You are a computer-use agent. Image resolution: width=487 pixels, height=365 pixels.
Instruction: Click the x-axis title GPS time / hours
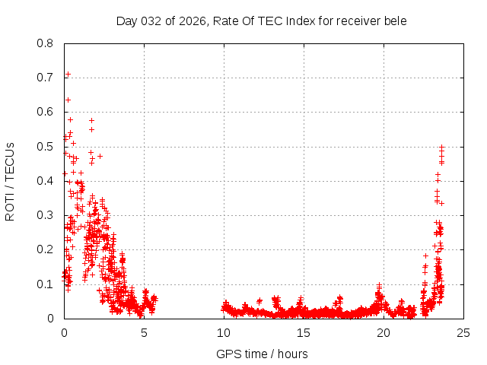262,354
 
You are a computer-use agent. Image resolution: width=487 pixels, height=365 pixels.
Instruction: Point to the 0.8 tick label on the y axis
46,43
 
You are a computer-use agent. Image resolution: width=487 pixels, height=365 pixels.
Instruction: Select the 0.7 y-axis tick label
46,78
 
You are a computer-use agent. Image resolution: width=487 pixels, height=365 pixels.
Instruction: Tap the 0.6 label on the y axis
46,112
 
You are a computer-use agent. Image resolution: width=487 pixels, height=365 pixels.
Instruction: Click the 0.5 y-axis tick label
46,147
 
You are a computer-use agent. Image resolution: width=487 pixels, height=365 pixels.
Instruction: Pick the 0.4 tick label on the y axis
46,181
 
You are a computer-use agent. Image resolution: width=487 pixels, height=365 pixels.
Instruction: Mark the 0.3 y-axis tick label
46,215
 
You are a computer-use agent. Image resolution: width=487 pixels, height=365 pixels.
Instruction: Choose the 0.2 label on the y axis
46,249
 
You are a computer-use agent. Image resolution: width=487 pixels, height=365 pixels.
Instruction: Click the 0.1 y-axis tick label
46,284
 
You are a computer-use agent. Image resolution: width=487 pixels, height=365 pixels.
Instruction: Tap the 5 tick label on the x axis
144,332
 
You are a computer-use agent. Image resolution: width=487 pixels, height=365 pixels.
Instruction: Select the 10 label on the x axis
224,332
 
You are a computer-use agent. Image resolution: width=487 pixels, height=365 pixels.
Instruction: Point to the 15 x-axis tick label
304,332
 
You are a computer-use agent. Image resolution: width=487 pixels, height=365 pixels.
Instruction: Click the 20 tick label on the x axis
384,332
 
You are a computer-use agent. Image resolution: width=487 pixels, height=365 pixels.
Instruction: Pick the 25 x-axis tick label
463,332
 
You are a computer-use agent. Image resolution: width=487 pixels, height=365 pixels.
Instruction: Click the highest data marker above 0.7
68,75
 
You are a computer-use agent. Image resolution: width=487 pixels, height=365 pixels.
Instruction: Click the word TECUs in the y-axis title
10,160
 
